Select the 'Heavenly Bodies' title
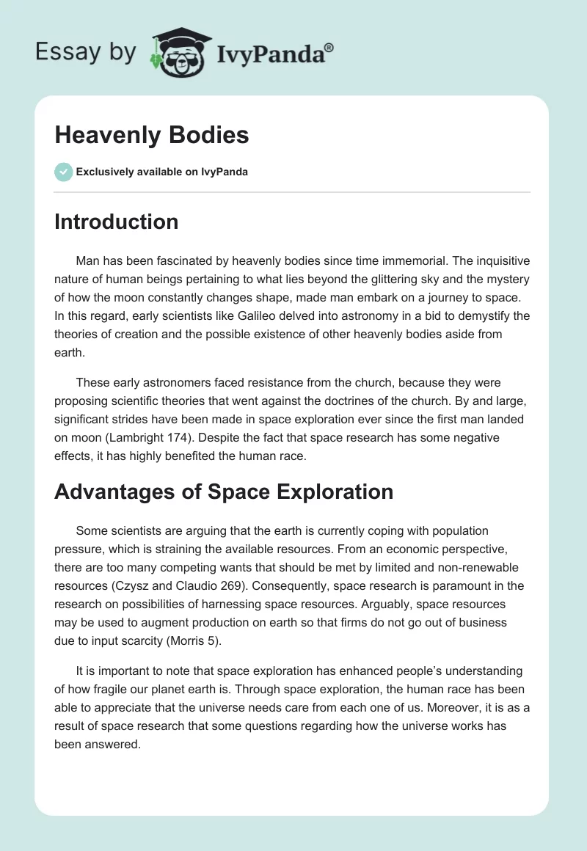pos(151,135)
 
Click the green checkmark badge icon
pos(63,172)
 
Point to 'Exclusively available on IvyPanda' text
pos(161,172)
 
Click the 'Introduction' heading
pos(116,222)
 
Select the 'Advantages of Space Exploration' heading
pos(224,492)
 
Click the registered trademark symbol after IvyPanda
pos(329,47)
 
